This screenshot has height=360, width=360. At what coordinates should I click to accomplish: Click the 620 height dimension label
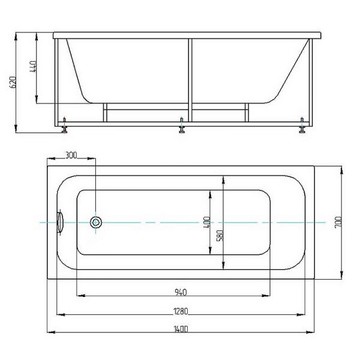click(13, 82)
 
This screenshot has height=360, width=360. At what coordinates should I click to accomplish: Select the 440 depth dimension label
click(33, 67)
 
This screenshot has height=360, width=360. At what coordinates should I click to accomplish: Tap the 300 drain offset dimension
click(71, 155)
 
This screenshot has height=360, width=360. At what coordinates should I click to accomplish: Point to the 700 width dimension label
click(338, 222)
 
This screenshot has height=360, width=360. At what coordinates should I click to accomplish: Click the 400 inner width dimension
click(207, 222)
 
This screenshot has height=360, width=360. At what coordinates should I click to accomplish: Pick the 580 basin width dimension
click(220, 236)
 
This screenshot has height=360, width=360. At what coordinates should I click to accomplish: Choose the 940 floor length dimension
click(181, 292)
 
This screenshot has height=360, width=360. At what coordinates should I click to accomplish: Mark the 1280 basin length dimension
click(181, 311)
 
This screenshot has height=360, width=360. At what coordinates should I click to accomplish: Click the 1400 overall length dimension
click(181, 329)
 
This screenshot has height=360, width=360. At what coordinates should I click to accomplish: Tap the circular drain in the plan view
click(96, 222)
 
